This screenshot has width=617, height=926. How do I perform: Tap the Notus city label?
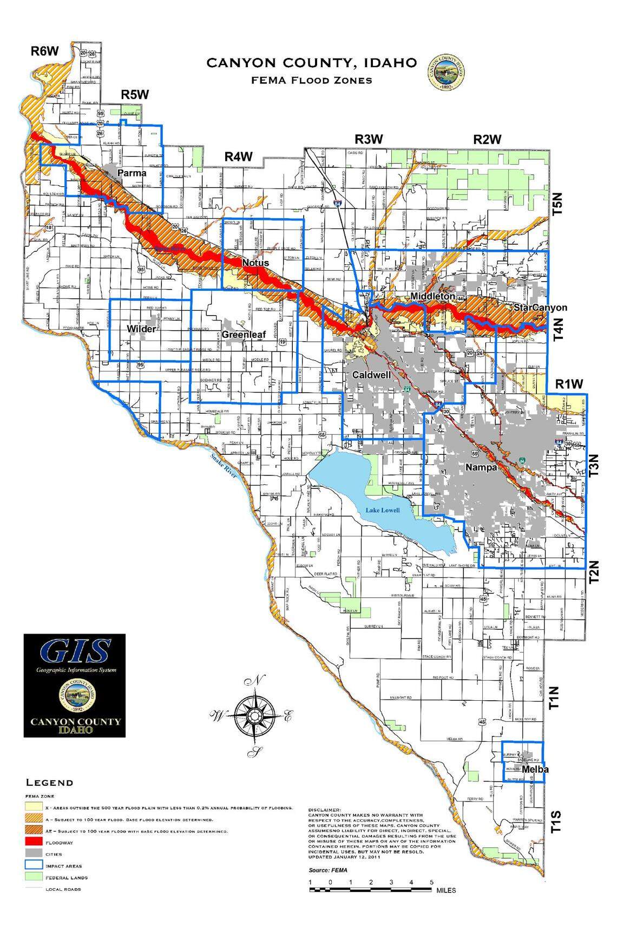click(x=255, y=263)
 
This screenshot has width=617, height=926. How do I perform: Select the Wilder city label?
click(x=141, y=329)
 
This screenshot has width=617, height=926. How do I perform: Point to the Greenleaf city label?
click(x=244, y=335)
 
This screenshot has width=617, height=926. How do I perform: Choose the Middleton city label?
click(x=432, y=296)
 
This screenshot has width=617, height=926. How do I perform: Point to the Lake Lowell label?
click(x=382, y=511)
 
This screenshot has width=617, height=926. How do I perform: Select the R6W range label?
click(x=44, y=52)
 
